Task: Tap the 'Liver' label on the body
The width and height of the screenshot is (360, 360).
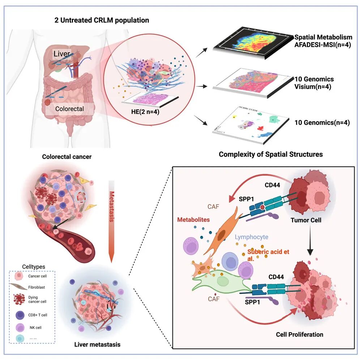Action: click(x=62, y=54)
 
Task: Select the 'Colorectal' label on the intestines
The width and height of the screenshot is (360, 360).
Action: click(x=69, y=108)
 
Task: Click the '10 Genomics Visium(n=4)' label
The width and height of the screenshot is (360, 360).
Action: click(x=313, y=83)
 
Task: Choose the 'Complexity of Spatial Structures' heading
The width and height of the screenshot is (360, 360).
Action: click(x=271, y=154)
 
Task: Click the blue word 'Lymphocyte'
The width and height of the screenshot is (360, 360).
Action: click(x=252, y=237)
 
